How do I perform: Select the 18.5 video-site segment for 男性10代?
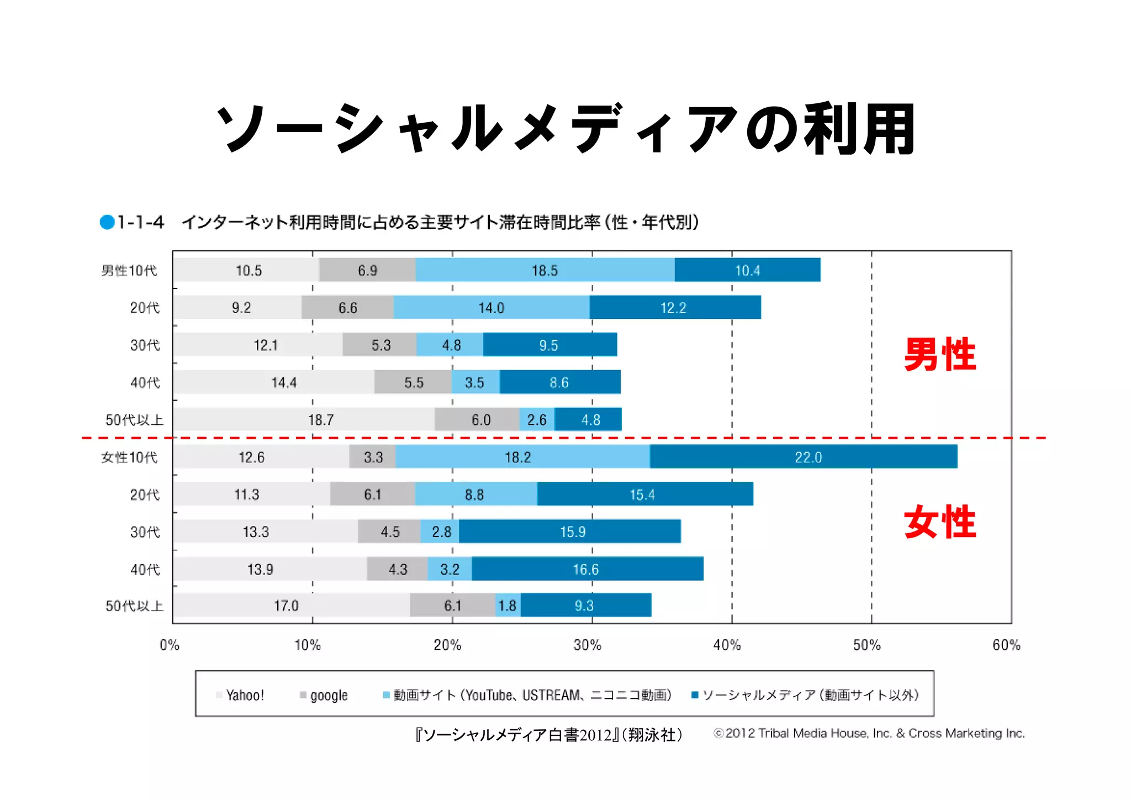pos(545,270)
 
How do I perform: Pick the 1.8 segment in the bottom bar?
pos(508,606)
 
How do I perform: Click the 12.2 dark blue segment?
pos(674,308)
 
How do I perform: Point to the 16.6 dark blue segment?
pos(586,569)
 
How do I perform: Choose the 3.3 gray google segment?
pos(373,457)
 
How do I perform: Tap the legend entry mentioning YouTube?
pos(527,695)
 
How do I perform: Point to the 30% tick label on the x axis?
pos(587,645)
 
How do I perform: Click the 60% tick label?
pos(1006,645)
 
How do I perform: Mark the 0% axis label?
pos(170,645)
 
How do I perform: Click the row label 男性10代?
pos(129,271)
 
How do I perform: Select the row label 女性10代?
pos(129,457)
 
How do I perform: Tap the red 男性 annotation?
pos(940,354)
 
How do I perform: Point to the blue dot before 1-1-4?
pos(107,222)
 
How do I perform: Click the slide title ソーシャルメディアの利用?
pos(565,128)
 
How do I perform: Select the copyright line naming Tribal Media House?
pos(869,733)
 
